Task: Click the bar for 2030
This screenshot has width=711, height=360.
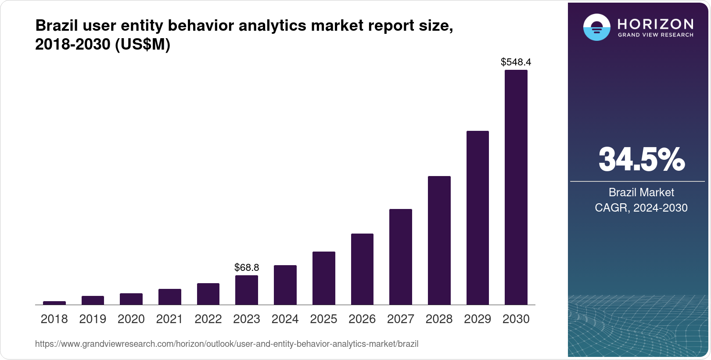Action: coord(516,187)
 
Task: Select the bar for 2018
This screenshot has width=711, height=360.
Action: coord(54,303)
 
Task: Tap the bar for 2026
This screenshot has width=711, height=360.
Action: coord(362,269)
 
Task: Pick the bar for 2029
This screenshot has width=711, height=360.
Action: coord(478,218)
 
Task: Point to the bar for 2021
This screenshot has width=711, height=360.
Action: coord(169,297)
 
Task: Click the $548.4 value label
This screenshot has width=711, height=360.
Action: coord(516,62)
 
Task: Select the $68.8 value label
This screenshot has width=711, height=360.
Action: coord(247,267)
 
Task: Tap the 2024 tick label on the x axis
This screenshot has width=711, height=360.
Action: coord(285,319)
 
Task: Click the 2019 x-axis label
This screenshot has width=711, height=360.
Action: coord(93,319)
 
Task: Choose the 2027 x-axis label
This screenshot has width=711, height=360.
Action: coord(400,319)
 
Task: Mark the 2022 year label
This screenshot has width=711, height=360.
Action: coord(208,319)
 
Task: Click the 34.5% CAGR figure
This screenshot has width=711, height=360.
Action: coord(641,159)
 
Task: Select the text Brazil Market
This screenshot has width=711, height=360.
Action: coord(641,192)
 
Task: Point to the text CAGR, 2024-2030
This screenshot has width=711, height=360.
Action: coord(641,208)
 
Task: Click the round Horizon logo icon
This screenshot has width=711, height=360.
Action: coord(596,27)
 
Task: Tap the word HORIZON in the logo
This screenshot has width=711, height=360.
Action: coord(655,24)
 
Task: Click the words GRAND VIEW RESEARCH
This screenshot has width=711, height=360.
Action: coord(655,35)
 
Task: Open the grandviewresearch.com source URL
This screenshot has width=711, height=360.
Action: coord(226,344)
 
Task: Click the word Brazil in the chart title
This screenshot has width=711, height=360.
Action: coord(54,25)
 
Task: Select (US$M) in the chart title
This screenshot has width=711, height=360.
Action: coord(142,44)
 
